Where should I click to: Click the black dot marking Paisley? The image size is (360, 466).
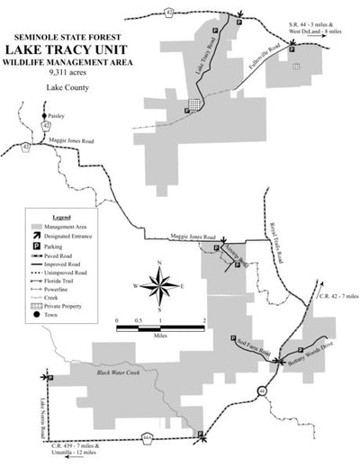(x=43, y=118)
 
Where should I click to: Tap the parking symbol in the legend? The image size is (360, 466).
(x=37, y=246)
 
